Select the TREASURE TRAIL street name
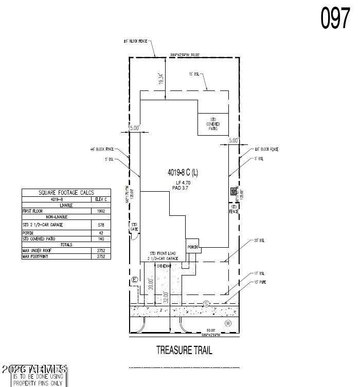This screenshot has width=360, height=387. (x=184, y=351)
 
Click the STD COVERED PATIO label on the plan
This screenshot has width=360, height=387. (x=213, y=123)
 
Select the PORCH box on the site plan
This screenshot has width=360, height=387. (x=192, y=246)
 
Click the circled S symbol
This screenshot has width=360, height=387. (x=207, y=303)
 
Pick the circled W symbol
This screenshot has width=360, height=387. (x=228, y=323)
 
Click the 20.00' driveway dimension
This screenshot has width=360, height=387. (x=151, y=285)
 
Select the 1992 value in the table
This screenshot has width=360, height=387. (x=101, y=211)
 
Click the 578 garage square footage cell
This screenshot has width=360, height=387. (x=101, y=225)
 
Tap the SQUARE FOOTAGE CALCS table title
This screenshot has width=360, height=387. (x=66, y=192)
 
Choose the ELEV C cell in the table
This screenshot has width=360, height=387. (x=101, y=199)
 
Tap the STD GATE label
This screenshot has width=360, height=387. (x=134, y=227)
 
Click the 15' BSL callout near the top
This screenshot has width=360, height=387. (x=194, y=74)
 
